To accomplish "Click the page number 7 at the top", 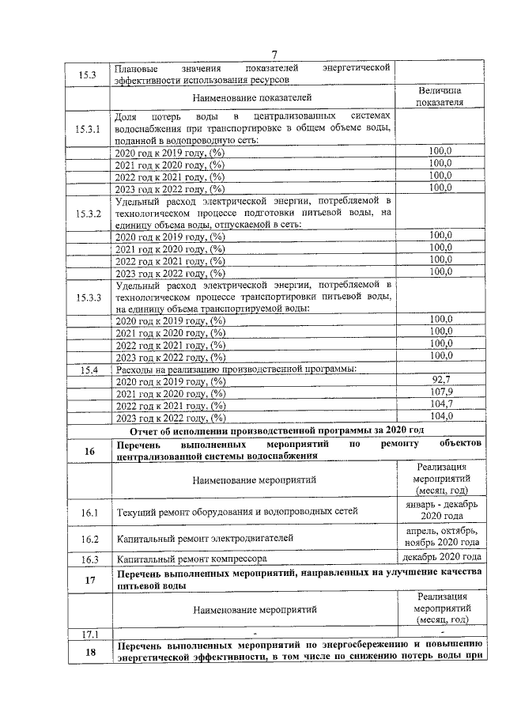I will click(274, 54).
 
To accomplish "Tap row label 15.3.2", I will click(88, 214).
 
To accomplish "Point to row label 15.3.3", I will click(88, 297).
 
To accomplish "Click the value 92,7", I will click(440, 381).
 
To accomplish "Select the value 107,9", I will click(440, 392).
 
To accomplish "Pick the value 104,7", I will click(440, 404).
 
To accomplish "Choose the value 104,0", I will click(440, 416).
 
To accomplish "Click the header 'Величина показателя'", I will click(440, 97).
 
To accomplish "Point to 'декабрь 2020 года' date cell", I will click(440, 559).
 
